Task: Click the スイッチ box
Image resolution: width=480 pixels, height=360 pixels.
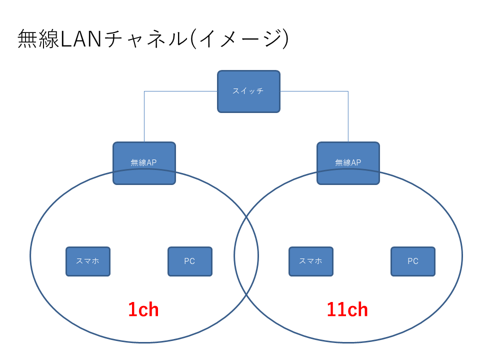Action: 248,91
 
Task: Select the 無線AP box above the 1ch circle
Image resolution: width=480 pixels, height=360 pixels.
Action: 144,162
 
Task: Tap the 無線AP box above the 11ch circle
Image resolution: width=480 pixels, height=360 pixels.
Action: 348,162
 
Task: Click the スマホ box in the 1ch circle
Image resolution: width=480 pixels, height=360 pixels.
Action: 88,261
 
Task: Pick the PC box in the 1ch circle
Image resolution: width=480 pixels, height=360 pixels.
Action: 189,261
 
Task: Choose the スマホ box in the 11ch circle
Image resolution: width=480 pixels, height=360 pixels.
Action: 310,261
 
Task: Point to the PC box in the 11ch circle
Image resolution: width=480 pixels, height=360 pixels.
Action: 412,261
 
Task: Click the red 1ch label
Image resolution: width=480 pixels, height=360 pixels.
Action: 143,310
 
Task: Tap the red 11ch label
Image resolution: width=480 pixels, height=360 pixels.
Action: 347,310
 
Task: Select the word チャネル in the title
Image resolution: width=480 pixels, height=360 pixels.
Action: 143,39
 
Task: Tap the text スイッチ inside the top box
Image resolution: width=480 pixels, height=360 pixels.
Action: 248,91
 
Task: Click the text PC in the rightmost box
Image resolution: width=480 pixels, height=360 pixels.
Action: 412,261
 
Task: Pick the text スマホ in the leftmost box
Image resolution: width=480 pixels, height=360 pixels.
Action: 88,261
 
